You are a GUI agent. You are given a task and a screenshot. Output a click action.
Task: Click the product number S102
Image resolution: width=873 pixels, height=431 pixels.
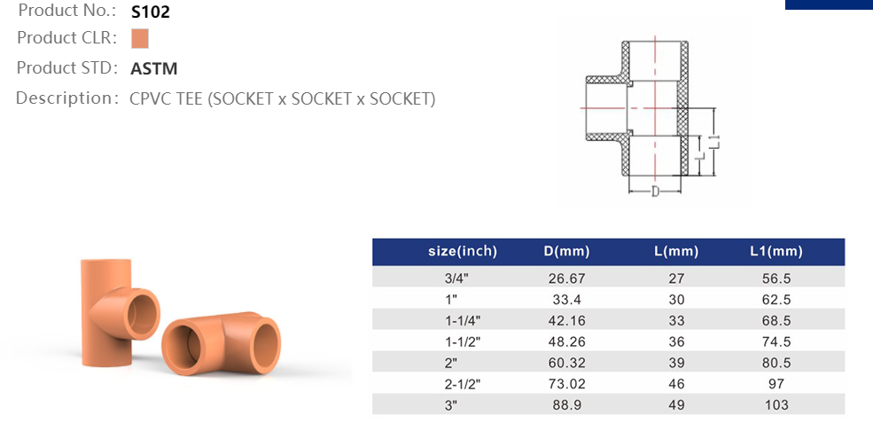point(151,12)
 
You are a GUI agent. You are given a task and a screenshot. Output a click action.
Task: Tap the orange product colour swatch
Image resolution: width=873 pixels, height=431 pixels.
point(140,39)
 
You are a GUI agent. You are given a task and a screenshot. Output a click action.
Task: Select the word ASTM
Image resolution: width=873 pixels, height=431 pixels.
point(153,69)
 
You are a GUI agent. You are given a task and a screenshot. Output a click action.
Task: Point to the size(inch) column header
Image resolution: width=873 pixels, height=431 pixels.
point(462,251)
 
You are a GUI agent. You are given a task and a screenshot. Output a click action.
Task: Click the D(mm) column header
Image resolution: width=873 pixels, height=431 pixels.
point(566,251)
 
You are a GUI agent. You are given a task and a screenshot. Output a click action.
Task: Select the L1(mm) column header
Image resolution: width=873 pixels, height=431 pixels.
point(776,251)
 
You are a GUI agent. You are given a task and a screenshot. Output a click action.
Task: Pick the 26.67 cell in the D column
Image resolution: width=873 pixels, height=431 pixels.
point(566,278)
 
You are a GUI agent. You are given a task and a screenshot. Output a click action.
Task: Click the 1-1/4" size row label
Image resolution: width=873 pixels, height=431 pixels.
point(462,320)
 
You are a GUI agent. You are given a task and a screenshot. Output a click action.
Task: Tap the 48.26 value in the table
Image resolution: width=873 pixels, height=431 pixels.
point(566,341)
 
